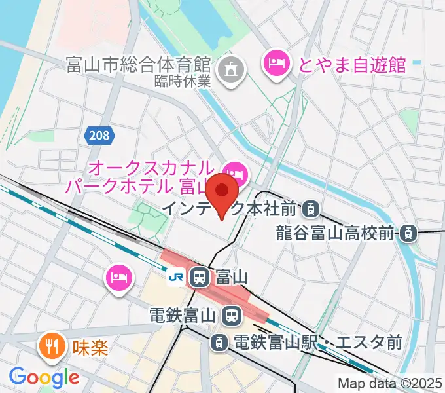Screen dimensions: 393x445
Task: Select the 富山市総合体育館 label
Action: coord(138,65)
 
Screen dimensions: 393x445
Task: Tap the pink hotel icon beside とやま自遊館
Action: coord(275,64)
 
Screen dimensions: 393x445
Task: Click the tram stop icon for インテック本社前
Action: coord(310,210)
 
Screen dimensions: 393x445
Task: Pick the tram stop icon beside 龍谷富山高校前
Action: coord(408,232)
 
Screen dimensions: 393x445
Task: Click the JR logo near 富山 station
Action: coord(176,277)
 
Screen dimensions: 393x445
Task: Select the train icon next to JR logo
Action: coord(200,277)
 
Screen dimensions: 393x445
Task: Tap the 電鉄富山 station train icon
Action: coord(230,316)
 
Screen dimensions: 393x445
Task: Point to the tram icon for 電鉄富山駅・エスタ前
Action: coord(219,341)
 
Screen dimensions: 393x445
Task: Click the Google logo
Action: coord(43,377)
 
